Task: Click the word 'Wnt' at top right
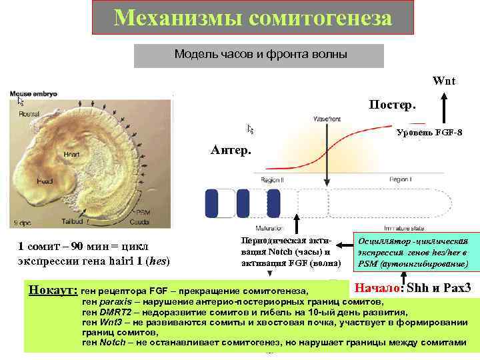(443, 81)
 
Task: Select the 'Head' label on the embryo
(45, 181)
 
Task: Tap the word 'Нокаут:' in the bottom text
(53, 291)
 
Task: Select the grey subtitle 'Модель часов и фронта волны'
(260, 55)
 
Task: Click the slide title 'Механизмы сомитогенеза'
(253, 18)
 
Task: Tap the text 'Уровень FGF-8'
(429, 133)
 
